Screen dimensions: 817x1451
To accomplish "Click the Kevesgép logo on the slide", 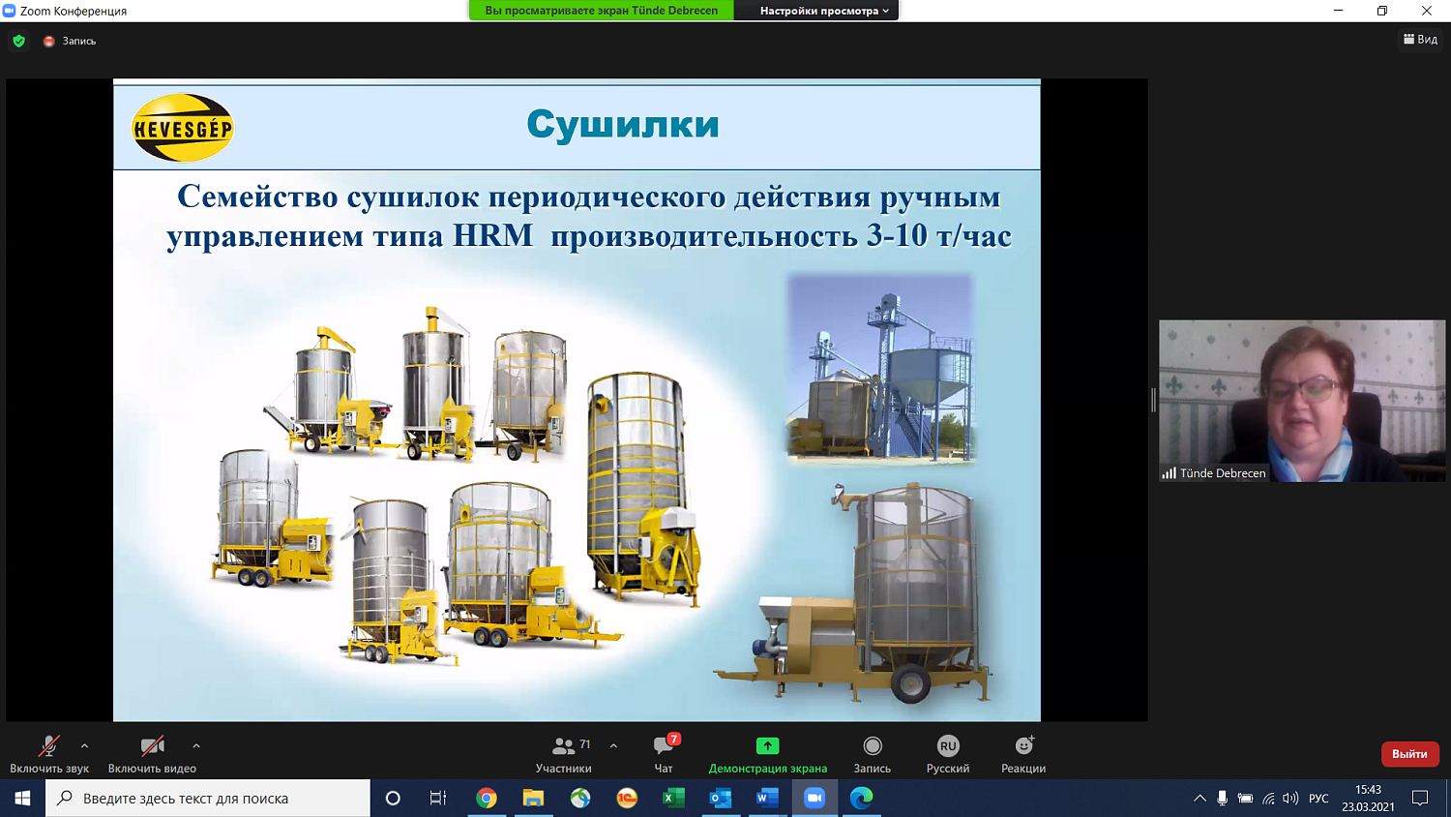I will [183, 128].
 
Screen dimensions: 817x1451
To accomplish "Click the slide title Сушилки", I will [623, 125].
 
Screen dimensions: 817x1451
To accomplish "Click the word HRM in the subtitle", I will [492, 235].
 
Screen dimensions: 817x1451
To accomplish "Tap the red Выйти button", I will [1409, 754].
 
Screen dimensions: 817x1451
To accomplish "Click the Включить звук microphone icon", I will [48, 746].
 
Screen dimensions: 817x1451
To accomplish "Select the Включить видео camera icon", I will [152, 746].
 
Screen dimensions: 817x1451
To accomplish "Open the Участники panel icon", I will [563, 746].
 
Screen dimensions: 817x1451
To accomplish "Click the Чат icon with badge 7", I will [664, 746].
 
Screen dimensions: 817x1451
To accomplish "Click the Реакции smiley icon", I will [1023, 746].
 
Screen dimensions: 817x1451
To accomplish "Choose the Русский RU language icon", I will [948, 746].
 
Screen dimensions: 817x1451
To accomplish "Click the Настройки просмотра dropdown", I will [823, 11].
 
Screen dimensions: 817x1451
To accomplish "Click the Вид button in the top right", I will [1420, 40].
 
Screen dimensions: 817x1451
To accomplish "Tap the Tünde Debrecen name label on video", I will [1222, 473].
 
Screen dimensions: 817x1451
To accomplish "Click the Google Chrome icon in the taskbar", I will [487, 798].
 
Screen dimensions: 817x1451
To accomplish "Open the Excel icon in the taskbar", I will [673, 798].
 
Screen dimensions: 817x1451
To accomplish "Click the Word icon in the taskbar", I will [767, 798].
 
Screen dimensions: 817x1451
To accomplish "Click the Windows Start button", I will [22, 798].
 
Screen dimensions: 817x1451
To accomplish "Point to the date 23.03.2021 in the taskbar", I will [1368, 806].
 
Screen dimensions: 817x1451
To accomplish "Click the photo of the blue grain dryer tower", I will [880, 368].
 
